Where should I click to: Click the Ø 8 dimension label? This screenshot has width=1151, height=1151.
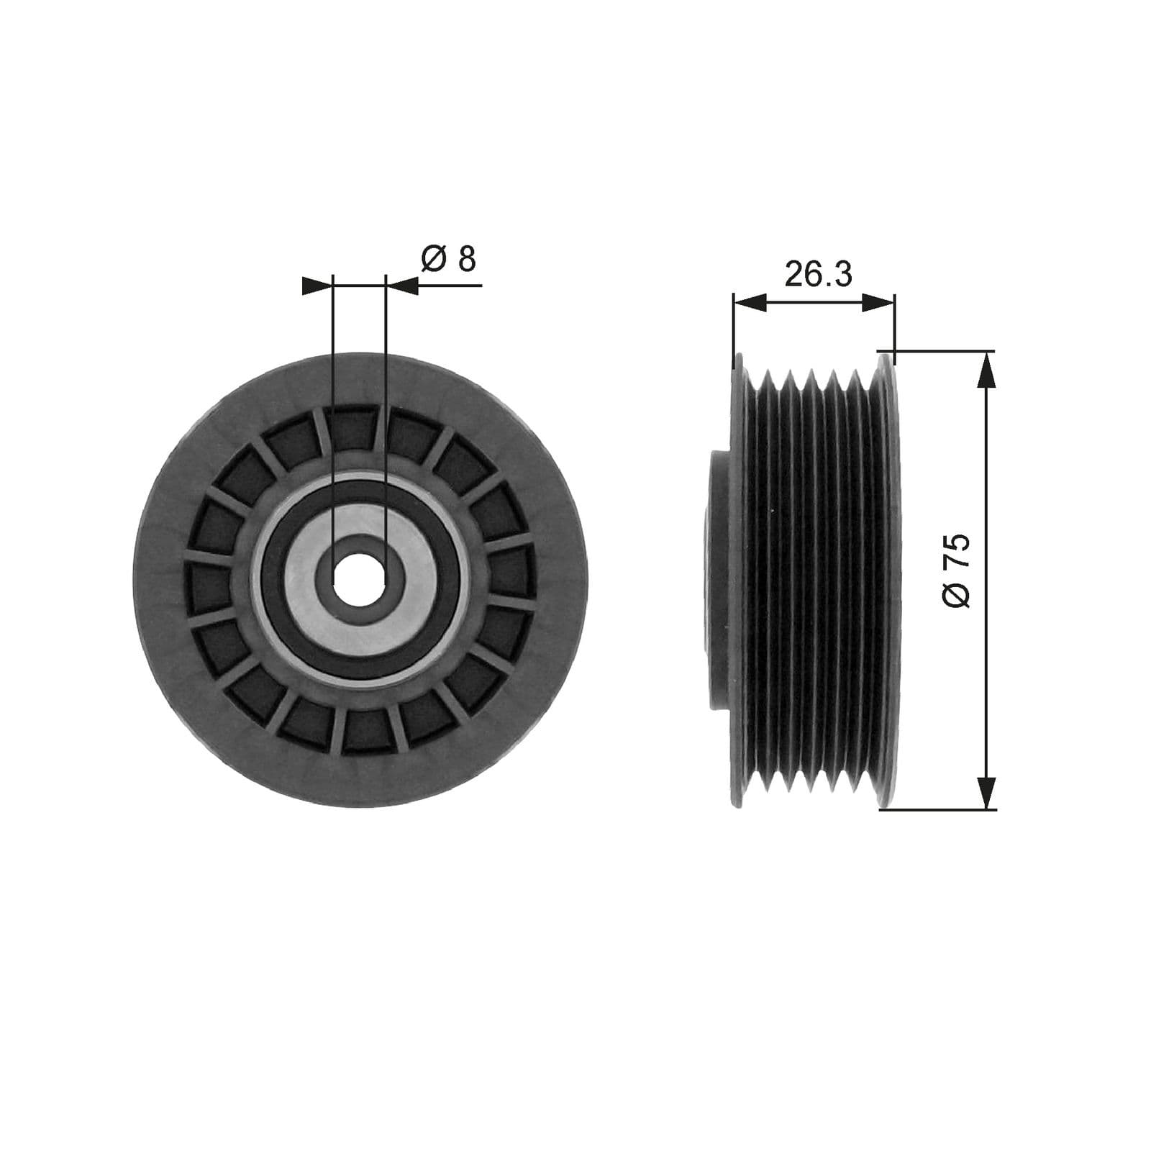click(x=448, y=259)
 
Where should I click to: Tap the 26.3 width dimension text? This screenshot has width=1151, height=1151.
click(x=818, y=274)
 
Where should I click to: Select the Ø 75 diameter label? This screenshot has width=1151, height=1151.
click(x=957, y=571)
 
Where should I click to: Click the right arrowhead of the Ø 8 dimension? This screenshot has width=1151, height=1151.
click(x=402, y=286)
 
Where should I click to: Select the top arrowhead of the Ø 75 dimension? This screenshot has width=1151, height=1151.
click(x=987, y=367)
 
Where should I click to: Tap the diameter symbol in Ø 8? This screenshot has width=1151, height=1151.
click(x=434, y=259)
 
